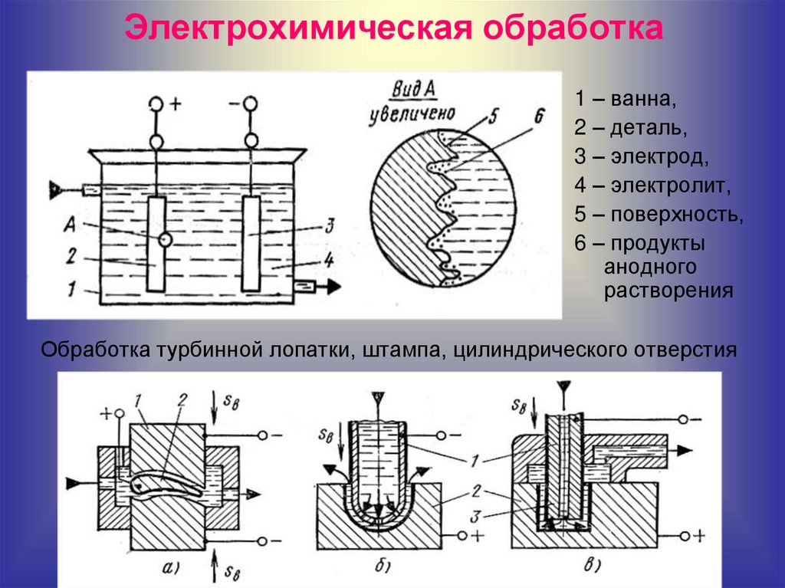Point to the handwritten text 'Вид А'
pos(414,90)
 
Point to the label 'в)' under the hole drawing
pos(594,567)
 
